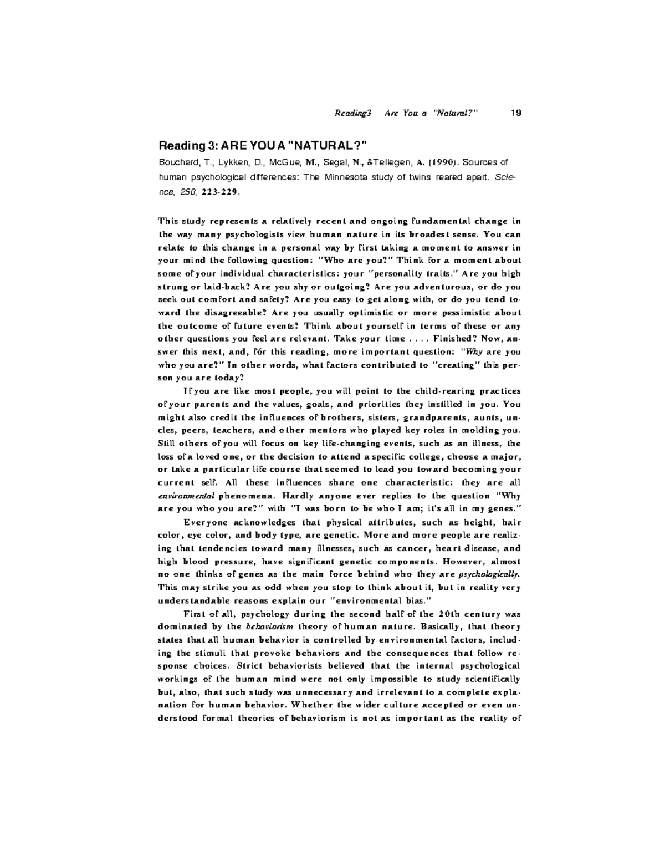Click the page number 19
[515, 114]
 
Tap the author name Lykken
[224, 162]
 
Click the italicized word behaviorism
[265, 626]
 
